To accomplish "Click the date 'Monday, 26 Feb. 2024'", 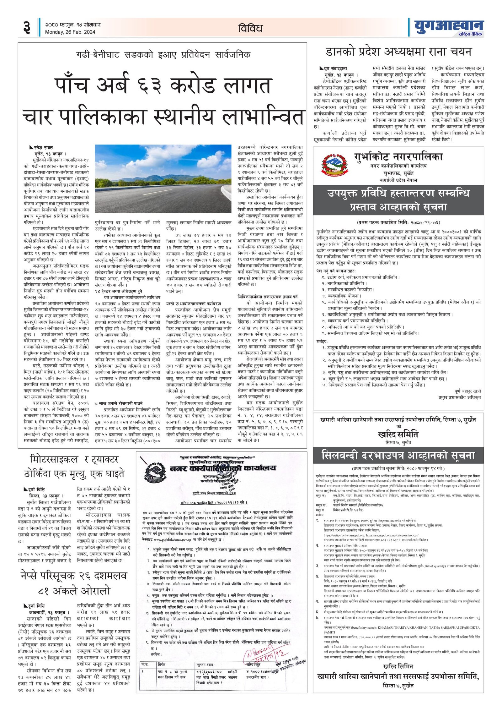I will coord(70,32).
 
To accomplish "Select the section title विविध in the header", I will coord(250,28).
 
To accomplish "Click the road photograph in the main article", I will coord(163,178).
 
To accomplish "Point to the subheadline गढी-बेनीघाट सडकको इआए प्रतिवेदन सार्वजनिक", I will coord(163,55).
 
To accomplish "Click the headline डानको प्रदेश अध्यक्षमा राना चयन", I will coord(398,52).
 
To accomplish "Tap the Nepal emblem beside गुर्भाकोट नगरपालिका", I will coord(334,164).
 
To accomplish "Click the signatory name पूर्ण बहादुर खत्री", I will coord(467,391).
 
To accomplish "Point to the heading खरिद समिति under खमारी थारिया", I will coord(398,434).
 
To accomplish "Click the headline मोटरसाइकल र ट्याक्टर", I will coord(74,460).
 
